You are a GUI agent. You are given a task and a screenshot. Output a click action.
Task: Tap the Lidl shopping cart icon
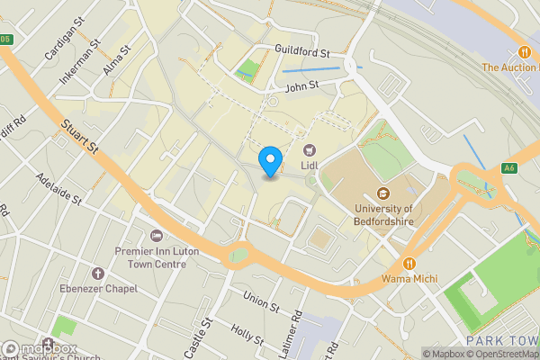pyautogui.click(x=310, y=150)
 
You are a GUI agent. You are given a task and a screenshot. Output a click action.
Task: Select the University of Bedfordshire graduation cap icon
pyautogui.click(x=383, y=193)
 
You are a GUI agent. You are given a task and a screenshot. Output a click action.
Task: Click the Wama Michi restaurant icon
pyautogui.click(x=409, y=264)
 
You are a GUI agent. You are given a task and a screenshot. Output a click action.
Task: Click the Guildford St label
pyautogui.click(x=303, y=54)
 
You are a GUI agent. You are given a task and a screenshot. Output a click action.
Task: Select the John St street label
pyautogui.click(x=301, y=86)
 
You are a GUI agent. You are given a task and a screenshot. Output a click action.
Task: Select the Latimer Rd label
pyautogui.click(x=297, y=331)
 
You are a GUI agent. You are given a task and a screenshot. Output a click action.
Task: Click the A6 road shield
pyautogui.click(x=509, y=167)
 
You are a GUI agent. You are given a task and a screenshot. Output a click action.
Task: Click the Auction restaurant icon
pyautogui.click(x=523, y=52)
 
